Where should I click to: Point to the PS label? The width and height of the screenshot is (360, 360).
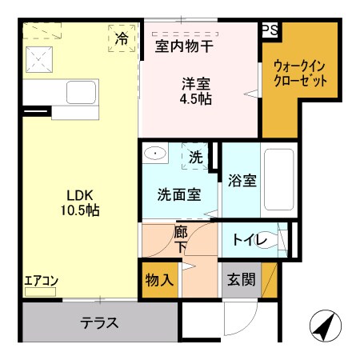pos(270,30)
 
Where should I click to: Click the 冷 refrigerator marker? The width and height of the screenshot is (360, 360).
pos(122,38)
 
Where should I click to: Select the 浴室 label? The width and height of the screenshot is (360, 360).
pos(242,181)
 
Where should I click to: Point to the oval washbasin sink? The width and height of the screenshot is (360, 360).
pos(156,153)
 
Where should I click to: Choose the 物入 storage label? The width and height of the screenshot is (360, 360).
pos(158,279)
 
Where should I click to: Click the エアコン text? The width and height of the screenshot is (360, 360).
pos(40,281)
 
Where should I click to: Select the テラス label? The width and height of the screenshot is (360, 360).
pos(99,323)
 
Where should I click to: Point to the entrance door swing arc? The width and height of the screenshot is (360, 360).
pos(240,320)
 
